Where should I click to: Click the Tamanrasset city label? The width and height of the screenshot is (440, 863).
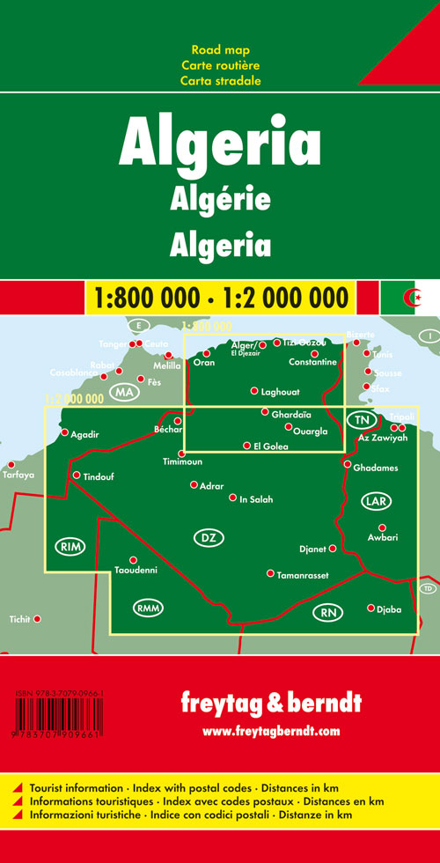[x=298, y=573]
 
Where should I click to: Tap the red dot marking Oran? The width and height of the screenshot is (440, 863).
[x=206, y=353]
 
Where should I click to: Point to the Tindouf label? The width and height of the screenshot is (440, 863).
[x=99, y=477]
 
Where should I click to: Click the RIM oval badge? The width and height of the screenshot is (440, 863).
[x=70, y=547]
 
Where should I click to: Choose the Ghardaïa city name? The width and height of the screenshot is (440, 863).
[x=293, y=414]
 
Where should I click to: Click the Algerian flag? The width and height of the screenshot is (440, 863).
[x=407, y=297]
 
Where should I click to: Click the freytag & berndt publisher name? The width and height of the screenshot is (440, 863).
[x=270, y=703]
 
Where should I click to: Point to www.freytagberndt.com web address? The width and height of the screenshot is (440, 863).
[x=270, y=730]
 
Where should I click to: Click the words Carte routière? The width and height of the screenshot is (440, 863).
[x=220, y=65]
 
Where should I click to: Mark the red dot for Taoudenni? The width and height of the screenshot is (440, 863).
[x=133, y=560]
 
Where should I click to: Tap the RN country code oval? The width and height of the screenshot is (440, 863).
[x=329, y=612]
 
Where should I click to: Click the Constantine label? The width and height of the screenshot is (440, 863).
[x=312, y=363]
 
